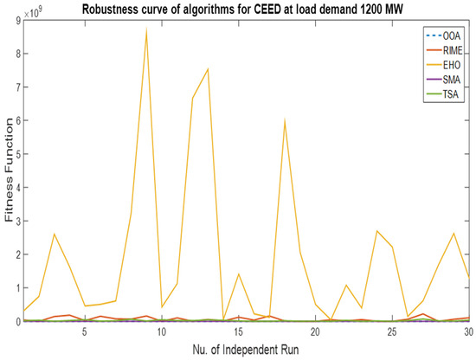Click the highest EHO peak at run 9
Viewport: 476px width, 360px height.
point(146,29)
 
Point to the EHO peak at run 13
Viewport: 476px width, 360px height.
point(208,68)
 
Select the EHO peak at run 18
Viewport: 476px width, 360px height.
point(285,120)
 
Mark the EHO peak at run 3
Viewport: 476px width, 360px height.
point(54,234)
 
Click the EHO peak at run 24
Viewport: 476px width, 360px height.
point(377,231)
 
